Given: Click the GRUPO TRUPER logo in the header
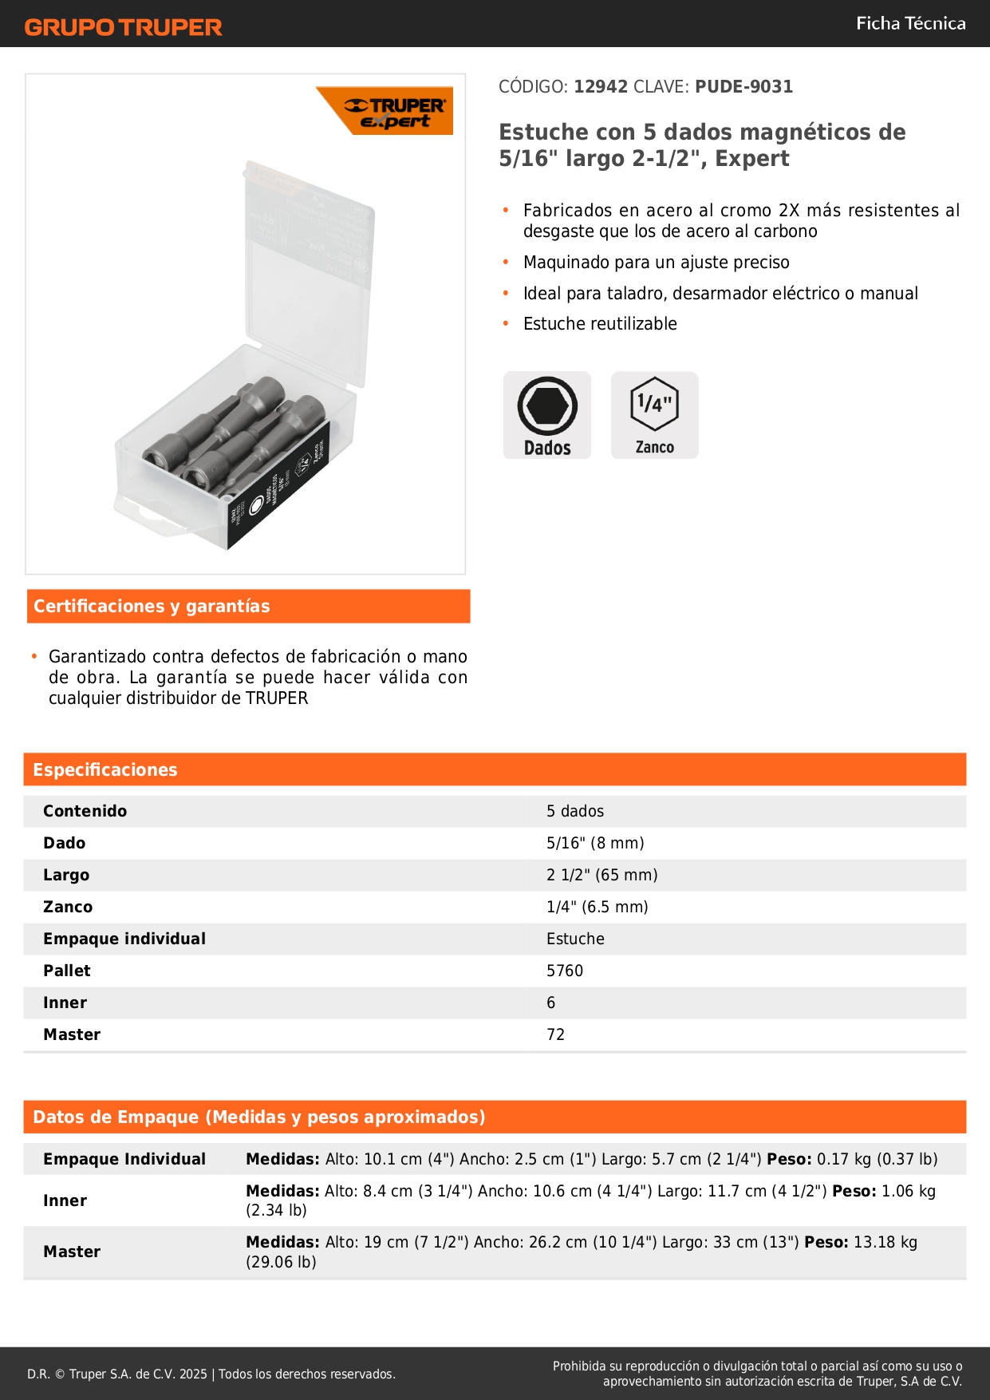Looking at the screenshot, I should pyautogui.click(x=123, y=27).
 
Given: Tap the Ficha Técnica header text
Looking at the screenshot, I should pyautogui.click(x=910, y=24).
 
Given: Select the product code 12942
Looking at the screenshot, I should pyautogui.click(x=601, y=87).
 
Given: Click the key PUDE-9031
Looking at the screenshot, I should pyautogui.click(x=743, y=87).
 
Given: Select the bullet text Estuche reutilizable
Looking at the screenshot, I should pyautogui.click(x=600, y=324).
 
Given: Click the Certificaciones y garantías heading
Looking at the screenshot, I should pyautogui.click(x=152, y=607).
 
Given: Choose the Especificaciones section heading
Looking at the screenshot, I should pyautogui.click(x=105, y=770).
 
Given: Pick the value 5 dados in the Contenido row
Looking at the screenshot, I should pyautogui.click(x=575, y=812).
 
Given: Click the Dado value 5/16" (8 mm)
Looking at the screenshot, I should pyautogui.click(x=595, y=844).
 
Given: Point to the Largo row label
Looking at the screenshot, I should pyautogui.click(x=66, y=876).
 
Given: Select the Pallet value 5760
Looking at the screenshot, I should pyautogui.click(x=565, y=971).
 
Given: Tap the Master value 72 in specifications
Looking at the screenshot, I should pyautogui.click(x=555, y=1035).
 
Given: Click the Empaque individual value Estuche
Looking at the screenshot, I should pyautogui.click(x=575, y=939).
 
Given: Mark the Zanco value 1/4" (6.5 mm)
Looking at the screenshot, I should pyautogui.click(x=597, y=908).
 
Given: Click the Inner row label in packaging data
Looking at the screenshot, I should pyautogui.click(x=65, y=1201).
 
